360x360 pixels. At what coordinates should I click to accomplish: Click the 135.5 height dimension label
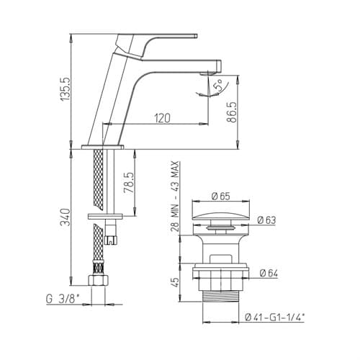66,89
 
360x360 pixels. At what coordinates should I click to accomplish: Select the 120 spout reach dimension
162,118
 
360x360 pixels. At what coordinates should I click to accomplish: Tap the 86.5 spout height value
232,112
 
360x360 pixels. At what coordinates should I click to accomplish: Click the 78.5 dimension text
128,183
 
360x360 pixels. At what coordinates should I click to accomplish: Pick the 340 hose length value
66,217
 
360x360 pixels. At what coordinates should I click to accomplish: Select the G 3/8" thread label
63,299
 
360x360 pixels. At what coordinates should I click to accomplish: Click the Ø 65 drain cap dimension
221,196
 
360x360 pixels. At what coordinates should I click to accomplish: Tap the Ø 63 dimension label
266,220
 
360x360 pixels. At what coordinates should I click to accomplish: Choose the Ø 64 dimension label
269,273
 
